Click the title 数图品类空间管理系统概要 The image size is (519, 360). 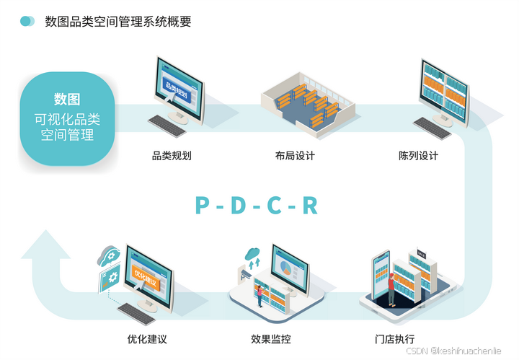(118, 22)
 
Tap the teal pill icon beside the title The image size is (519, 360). (27, 22)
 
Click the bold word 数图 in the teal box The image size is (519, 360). (67, 99)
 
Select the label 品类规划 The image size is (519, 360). (171, 156)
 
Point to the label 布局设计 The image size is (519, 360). (295, 156)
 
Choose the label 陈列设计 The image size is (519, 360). (418, 156)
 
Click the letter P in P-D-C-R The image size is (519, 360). (203, 206)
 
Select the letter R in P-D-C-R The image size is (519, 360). (310, 206)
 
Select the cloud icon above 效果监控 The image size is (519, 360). (252, 254)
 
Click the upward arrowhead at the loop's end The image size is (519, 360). (45, 244)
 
